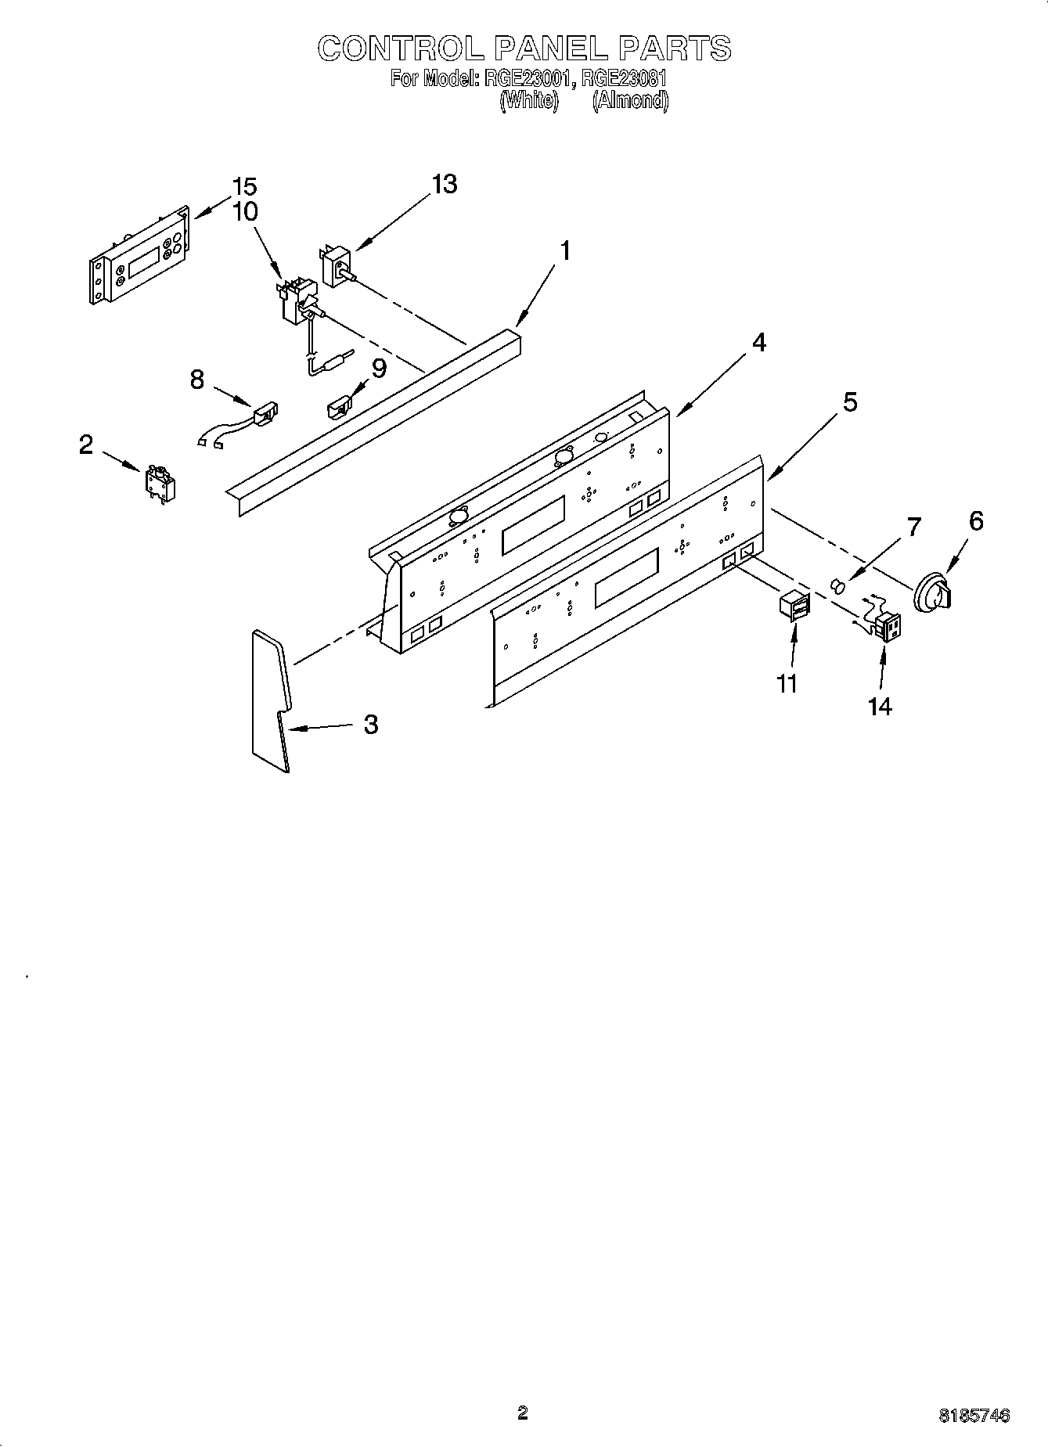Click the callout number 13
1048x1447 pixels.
[x=444, y=185]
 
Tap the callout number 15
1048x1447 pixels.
[x=245, y=187]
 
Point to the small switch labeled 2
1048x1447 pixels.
[x=160, y=483]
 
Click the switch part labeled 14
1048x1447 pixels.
[x=887, y=625]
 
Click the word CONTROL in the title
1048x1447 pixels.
[x=402, y=49]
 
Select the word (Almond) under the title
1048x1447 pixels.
[x=630, y=100]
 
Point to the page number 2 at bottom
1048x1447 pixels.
[x=523, y=1413]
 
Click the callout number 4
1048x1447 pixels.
[x=758, y=343]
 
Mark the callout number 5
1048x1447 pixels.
[x=849, y=402]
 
